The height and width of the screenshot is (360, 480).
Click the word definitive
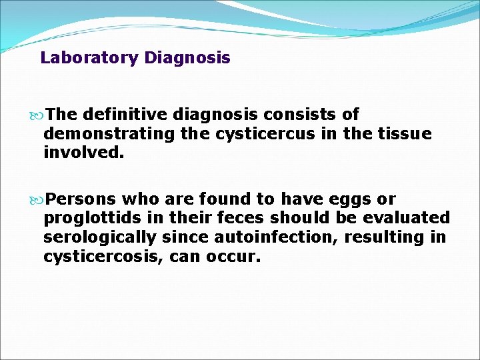[127, 115]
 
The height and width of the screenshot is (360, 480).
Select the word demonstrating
[109, 134]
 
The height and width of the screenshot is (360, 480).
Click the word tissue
[400, 134]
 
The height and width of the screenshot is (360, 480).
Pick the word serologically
[99, 237]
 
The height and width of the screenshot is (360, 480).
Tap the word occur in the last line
[233, 255]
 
